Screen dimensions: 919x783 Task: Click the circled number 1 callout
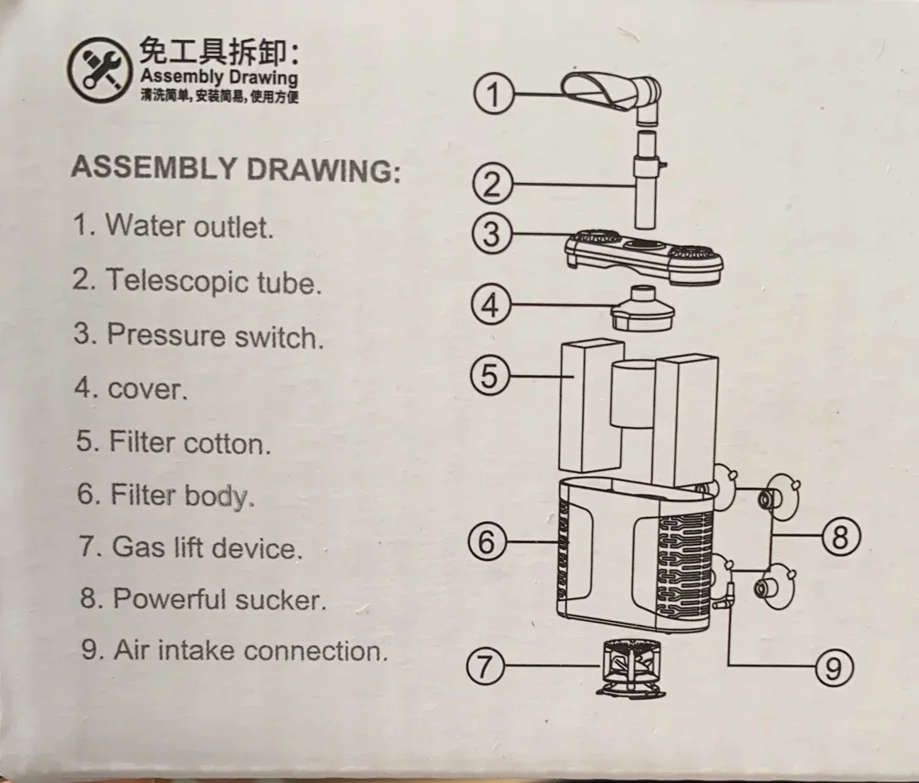tap(494, 94)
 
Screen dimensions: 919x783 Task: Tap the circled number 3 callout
tap(493, 234)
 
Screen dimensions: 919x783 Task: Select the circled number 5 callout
tap(490, 376)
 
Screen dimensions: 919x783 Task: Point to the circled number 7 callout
tap(485, 667)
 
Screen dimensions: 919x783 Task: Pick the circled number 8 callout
tap(841, 536)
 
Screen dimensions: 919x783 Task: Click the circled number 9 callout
tap(834, 667)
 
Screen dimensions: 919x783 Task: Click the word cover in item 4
tap(148, 389)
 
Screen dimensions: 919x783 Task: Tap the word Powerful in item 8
tap(169, 599)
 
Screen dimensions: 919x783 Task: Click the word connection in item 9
tap(317, 650)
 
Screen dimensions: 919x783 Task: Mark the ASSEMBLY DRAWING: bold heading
tap(237, 168)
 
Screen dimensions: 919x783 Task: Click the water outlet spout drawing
tap(611, 97)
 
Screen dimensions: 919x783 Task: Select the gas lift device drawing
tap(631, 667)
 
